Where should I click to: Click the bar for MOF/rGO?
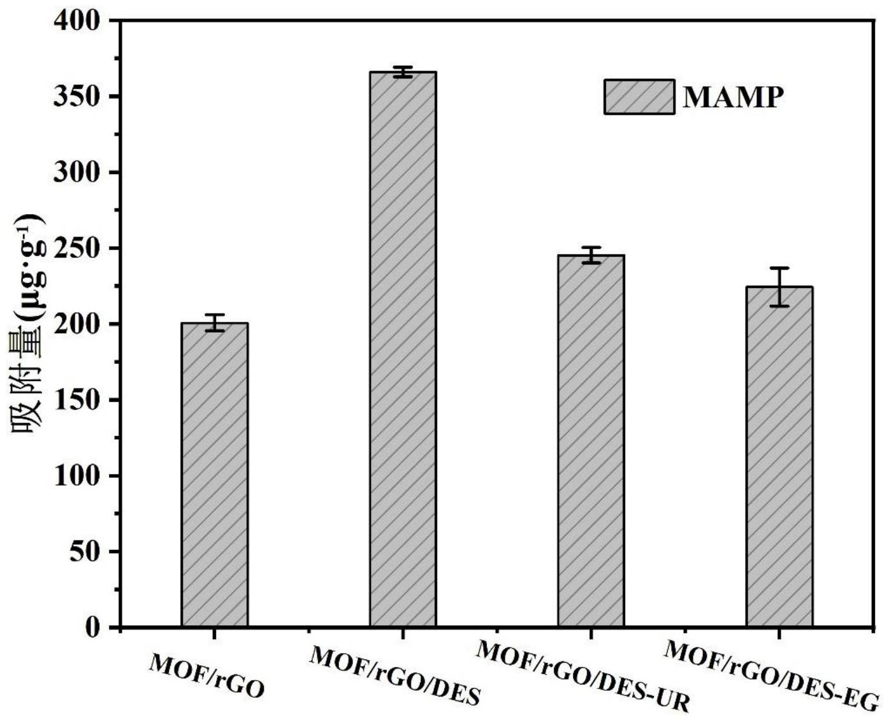[215, 475]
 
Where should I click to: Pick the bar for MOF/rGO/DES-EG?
[779, 456]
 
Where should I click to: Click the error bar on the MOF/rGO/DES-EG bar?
[779, 287]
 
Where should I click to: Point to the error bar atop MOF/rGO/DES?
[403, 72]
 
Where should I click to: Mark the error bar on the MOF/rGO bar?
[215, 322]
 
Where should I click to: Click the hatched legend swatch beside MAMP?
[639, 97]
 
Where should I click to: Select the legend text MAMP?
[733, 97]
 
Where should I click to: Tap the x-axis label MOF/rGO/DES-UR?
[583, 675]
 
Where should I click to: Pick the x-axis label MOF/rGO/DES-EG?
[771, 675]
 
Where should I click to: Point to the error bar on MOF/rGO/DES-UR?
[591, 255]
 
